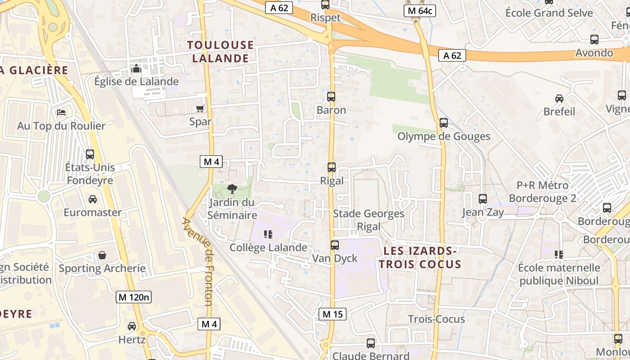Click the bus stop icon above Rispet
(325, 5)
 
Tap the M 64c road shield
(420, 11)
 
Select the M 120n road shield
(133, 297)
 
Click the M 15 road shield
(333, 314)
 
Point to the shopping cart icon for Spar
(200, 108)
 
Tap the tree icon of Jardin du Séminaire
(232, 189)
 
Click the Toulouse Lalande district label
(220, 51)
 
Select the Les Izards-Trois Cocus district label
(420, 257)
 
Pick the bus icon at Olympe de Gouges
(444, 123)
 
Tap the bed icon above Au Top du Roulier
(61, 112)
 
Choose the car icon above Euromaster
(93, 199)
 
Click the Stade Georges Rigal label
(369, 220)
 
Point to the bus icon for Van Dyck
(335, 245)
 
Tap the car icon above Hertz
(132, 326)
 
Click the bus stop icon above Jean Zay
(483, 199)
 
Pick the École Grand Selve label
(549, 13)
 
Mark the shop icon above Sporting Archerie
(102, 256)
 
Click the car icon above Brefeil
(559, 99)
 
